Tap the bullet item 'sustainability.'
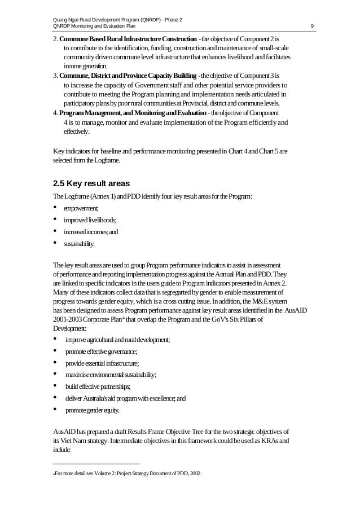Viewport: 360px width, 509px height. pyautogui.click(x=79, y=244)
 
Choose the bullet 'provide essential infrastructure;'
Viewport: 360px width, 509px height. pyautogui.click(x=102, y=363)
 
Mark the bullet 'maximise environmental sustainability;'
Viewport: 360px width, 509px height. pyautogui.click(x=111, y=374)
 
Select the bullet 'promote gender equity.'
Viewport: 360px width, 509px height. pyautogui.click(x=92, y=410)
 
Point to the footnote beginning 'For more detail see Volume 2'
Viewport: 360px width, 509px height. pyautogui.click(x=127, y=473)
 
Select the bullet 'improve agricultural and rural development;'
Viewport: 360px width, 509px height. pyautogui.click(x=117, y=339)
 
